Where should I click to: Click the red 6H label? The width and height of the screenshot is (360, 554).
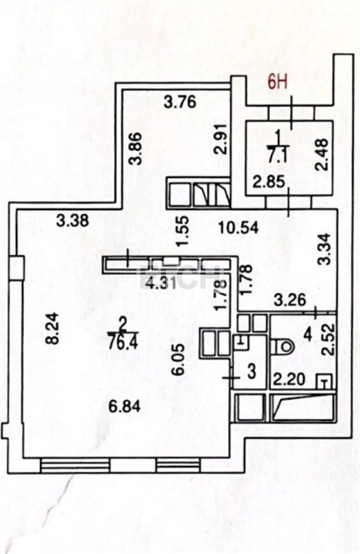279,83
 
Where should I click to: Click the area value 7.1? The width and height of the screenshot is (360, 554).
275,155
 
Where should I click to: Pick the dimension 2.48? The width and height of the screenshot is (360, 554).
322,154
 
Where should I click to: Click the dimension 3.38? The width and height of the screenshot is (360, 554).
73,221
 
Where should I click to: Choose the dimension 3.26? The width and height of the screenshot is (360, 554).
290,300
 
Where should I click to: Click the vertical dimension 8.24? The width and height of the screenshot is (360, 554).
54,328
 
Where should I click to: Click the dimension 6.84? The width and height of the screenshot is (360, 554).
125,407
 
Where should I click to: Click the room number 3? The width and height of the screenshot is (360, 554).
252,372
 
